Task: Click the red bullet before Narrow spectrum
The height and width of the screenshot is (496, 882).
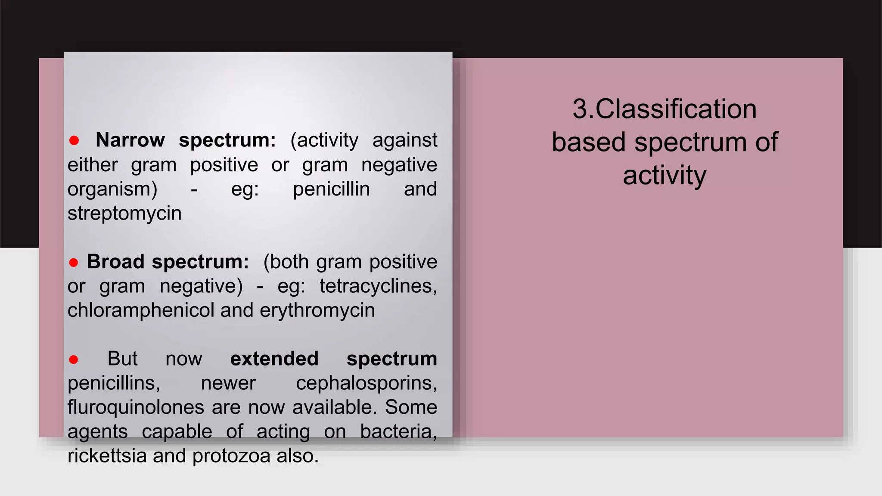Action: click(74, 140)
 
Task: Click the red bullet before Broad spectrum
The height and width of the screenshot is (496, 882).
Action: click(74, 263)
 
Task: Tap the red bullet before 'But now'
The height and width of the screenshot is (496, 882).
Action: click(74, 360)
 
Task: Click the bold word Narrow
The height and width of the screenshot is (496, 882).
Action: click(130, 140)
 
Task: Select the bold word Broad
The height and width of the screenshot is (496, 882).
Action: click(115, 262)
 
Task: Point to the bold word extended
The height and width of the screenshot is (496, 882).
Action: click(274, 359)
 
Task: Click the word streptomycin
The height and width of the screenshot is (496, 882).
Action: click(124, 214)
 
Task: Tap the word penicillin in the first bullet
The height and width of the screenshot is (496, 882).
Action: click(331, 189)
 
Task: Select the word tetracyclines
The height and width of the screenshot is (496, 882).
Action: click(378, 286)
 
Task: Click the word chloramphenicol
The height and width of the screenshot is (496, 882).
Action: click(141, 310)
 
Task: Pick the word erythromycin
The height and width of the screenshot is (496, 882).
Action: click(317, 310)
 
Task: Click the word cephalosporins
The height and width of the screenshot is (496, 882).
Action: click(366, 383)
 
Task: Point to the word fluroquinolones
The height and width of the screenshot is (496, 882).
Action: click(136, 407)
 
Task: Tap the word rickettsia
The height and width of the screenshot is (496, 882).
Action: click(107, 456)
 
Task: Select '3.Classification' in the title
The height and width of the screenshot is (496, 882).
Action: click(664, 109)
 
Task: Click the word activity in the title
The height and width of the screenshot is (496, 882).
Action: click(664, 175)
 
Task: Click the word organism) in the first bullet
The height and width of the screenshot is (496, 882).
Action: click(112, 189)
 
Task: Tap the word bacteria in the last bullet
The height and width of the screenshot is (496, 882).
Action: click(398, 431)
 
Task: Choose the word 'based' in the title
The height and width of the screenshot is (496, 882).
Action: click(588, 142)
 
